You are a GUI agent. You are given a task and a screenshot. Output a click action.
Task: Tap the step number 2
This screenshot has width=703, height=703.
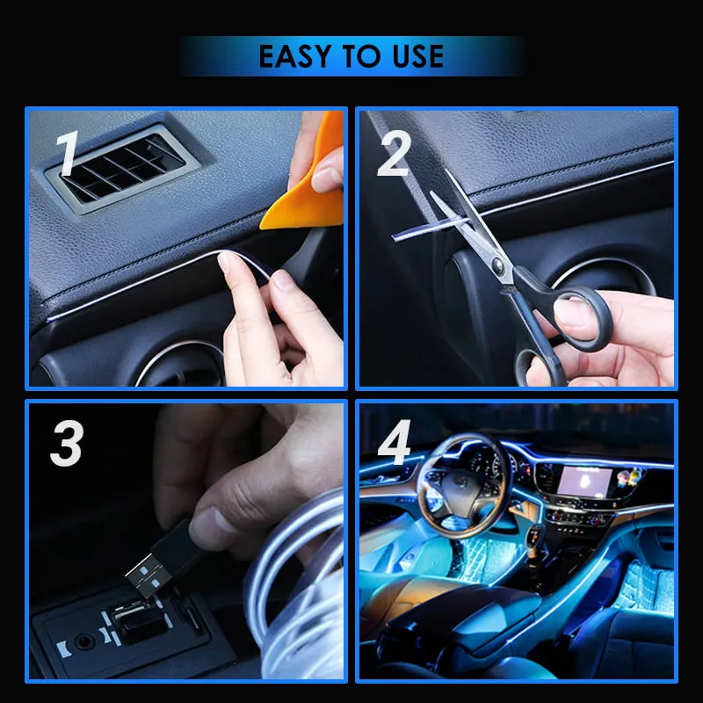393,156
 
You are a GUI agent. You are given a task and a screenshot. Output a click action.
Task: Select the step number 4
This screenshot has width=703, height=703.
394,446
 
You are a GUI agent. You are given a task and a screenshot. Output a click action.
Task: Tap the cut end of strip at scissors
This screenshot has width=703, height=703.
397,234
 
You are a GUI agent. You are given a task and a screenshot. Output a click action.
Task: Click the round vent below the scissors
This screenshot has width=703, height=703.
606,277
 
